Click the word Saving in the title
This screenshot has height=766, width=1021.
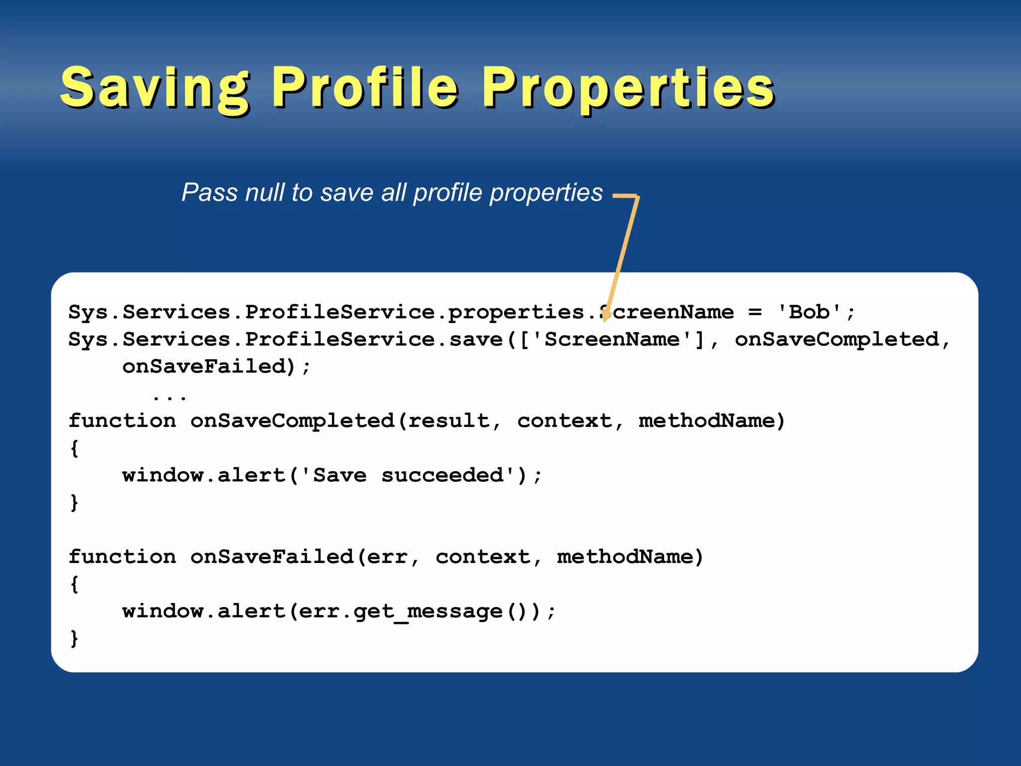point(155,88)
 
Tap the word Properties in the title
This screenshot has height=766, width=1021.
point(628,88)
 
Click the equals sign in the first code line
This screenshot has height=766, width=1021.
point(755,313)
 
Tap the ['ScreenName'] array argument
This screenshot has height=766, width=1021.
point(612,340)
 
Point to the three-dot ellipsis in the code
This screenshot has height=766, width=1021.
point(170,397)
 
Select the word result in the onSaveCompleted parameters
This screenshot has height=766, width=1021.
point(449,421)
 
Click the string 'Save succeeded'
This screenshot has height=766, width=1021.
point(408,475)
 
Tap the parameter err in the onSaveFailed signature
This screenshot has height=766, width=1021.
point(387,557)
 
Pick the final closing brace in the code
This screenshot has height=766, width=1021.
point(74,638)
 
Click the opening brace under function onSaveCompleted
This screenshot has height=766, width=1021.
point(74,448)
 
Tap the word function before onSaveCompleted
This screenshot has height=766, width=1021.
point(122,421)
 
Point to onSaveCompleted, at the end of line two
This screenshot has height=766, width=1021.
point(837,340)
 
